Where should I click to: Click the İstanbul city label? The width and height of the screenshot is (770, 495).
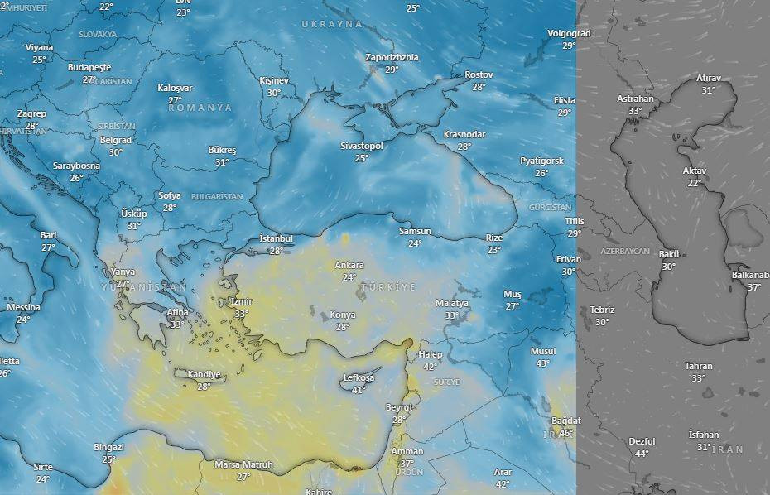(x=277, y=238)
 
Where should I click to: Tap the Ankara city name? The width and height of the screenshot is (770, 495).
(x=349, y=265)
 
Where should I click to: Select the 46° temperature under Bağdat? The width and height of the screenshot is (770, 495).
(x=565, y=433)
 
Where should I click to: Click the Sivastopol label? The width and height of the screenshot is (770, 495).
(x=362, y=146)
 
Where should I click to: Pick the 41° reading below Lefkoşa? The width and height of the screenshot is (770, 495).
(x=359, y=390)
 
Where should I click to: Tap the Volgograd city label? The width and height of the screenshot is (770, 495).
(x=569, y=34)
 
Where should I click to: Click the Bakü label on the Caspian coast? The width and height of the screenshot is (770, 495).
(x=669, y=254)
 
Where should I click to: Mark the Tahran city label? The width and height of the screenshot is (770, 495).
(x=699, y=366)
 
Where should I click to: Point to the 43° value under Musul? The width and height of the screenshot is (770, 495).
(x=542, y=363)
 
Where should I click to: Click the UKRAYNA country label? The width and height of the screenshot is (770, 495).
(x=332, y=24)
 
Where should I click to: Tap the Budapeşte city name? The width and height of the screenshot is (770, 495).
(x=89, y=67)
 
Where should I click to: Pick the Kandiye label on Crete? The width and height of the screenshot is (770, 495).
(x=204, y=374)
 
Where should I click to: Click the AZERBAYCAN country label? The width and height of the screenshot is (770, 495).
(x=625, y=250)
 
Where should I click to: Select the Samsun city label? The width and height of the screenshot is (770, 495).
(x=415, y=231)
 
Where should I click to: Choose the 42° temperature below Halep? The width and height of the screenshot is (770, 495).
(x=430, y=367)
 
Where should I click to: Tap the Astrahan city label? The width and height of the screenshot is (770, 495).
(x=635, y=99)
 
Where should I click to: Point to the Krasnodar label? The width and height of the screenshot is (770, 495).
(x=464, y=134)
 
